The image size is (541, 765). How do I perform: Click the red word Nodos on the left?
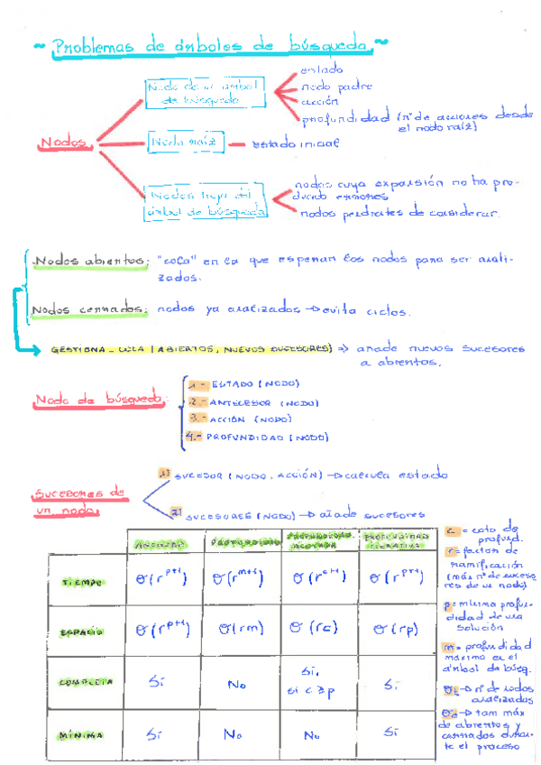tap(65, 143)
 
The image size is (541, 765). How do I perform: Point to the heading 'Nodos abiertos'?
tap(90, 262)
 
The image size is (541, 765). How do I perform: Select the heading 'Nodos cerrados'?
tap(89, 310)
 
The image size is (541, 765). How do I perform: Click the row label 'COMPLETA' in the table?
tap(86, 683)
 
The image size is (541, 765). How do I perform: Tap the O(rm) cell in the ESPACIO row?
tap(241, 628)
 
